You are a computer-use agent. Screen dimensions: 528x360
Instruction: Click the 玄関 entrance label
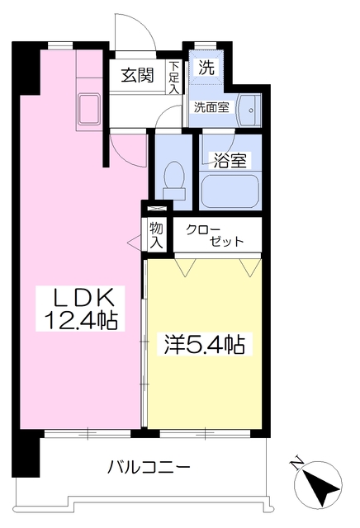coord(140,75)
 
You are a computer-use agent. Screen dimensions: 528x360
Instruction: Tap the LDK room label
coord(78,298)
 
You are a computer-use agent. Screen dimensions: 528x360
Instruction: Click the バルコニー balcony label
coord(149,467)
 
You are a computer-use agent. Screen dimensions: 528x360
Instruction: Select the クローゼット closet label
coord(216,235)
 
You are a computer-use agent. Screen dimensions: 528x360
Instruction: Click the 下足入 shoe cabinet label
coord(174,77)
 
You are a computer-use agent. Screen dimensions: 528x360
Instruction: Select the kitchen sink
coord(88,109)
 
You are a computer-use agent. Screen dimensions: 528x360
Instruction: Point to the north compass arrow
coord(320,485)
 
